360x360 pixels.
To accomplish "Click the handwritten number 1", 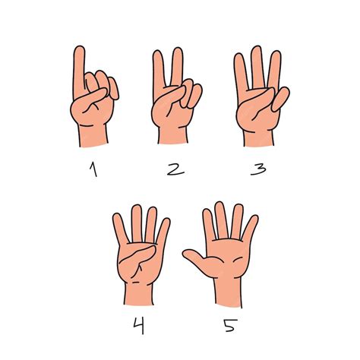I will (93, 170).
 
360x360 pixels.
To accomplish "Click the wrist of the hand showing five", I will (228, 292).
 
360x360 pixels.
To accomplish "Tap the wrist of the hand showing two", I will (172, 135).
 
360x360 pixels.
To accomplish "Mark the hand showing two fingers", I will (174, 99).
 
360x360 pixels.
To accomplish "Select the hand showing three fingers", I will (257, 99).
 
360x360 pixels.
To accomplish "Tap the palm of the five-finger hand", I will (228, 258).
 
